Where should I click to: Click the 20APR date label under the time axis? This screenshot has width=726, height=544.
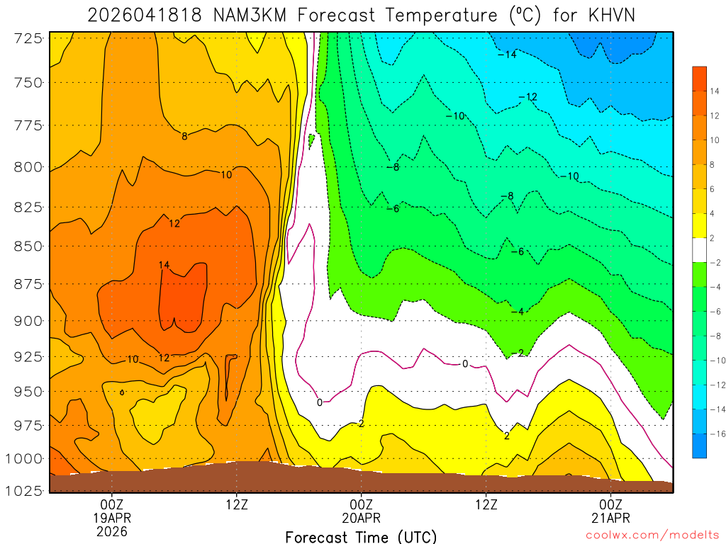(x=362, y=517)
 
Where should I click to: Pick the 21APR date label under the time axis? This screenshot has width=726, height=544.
(x=611, y=517)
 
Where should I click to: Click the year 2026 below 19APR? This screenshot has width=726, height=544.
(x=112, y=531)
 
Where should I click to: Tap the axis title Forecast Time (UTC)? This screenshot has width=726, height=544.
(x=362, y=536)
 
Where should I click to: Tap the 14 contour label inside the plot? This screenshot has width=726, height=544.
(x=164, y=265)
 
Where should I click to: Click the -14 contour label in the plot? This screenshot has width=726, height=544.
(x=507, y=55)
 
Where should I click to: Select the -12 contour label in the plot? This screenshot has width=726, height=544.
(x=528, y=97)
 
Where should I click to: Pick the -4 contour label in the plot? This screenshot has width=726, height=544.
(x=517, y=312)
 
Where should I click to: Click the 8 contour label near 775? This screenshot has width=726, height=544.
(x=184, y=136)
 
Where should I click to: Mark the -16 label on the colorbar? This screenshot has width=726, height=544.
(x=710, y=433)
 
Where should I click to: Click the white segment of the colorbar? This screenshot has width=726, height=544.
(x=699, y=250)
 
